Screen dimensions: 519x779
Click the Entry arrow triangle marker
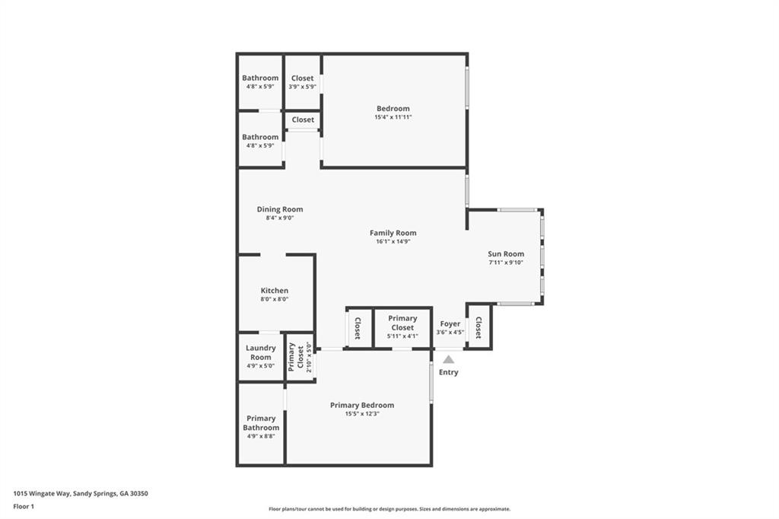449,359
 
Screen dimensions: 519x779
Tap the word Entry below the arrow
449,372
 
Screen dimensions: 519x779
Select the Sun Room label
506,254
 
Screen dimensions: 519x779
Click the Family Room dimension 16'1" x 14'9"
393,242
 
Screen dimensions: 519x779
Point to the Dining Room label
280,209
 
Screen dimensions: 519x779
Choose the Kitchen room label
275,291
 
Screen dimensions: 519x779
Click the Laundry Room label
260,352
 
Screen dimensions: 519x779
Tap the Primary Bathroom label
261,423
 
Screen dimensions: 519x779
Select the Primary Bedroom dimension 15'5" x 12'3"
362,415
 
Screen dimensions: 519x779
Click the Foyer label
450,323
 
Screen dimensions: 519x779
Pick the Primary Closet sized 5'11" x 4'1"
402,323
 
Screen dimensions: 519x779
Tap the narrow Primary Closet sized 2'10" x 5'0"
300,357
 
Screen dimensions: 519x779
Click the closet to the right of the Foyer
479,327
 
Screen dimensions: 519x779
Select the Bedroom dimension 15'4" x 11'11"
393,117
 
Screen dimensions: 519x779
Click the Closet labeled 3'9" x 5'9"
303,78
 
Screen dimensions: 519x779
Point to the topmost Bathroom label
260,78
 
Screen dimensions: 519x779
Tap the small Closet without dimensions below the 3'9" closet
303,119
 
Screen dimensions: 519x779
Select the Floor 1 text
24,506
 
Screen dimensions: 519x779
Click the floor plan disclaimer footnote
389,509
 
